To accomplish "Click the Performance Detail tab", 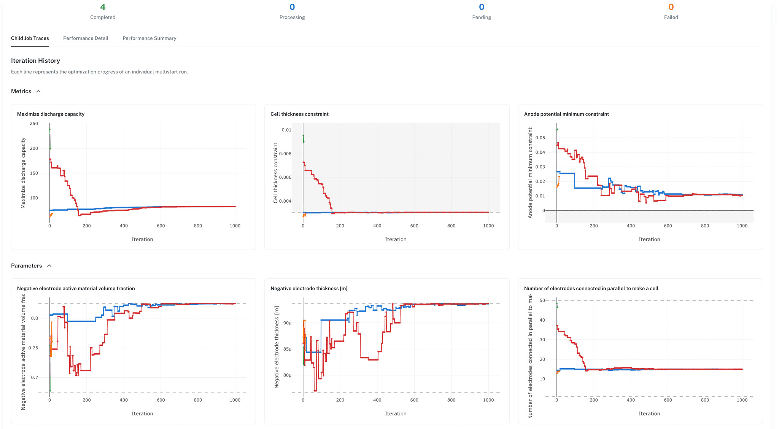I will click(86, 38).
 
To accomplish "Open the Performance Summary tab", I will click(149, 38).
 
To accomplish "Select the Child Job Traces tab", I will click(30, 38).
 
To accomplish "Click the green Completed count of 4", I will click(103, 7).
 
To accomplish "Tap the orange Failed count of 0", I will click(671, 7).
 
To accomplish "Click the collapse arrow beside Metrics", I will click(38, 92).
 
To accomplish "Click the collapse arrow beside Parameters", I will click(49, 266).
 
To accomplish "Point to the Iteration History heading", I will click(35, 61).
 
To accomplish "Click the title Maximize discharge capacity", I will click(51, 114).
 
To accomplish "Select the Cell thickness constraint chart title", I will click(299, 114).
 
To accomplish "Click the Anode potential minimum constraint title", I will click(566, 114).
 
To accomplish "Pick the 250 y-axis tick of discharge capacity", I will click(34, 124).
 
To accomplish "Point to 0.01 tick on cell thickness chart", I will click(286, 130).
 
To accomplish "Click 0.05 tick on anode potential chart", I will click(540, 138).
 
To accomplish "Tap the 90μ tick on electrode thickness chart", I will click(287, 323).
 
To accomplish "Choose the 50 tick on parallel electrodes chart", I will click(542, 300).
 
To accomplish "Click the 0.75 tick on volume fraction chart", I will click(33, 348).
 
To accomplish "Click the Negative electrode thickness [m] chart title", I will click(309, 289).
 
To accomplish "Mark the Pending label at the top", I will click(482, 17).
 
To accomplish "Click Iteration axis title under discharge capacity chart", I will click(142, 240).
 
